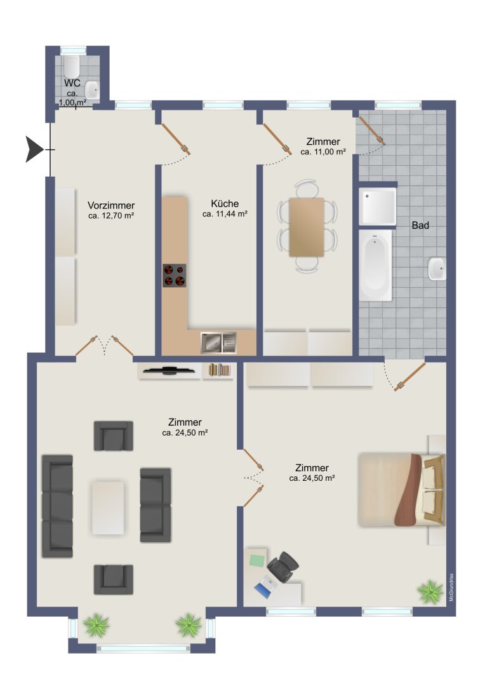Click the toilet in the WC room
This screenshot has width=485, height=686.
[x=71, y=67]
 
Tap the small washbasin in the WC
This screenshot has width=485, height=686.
[x=92, y=90]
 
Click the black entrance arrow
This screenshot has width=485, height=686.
[x=34, y=149]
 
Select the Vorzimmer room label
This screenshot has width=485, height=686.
[x=111, y=206]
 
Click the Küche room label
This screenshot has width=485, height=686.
[x=225, y=203]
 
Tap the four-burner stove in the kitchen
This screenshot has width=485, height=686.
[x=175, y=276]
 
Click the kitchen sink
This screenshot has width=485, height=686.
[x=218, y=342]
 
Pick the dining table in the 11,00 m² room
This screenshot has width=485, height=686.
[x=307, y=227]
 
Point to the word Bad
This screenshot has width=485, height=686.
[x=420, y=225]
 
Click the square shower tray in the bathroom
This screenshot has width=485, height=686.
[x=378, y=206]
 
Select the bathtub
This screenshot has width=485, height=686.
[x=375, y=265]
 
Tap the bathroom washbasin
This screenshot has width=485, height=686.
[x=437, y=269]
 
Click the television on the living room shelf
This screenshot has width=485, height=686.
[x=169, y=370]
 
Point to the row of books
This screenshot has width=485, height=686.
[x=219, y=370]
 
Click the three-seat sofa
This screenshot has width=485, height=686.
[x=57, y=506]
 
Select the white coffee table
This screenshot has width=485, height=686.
[x=108, y=508]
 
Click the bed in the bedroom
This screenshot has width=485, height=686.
[x=401, y=490]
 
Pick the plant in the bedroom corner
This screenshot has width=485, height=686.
[x=430, y=591]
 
